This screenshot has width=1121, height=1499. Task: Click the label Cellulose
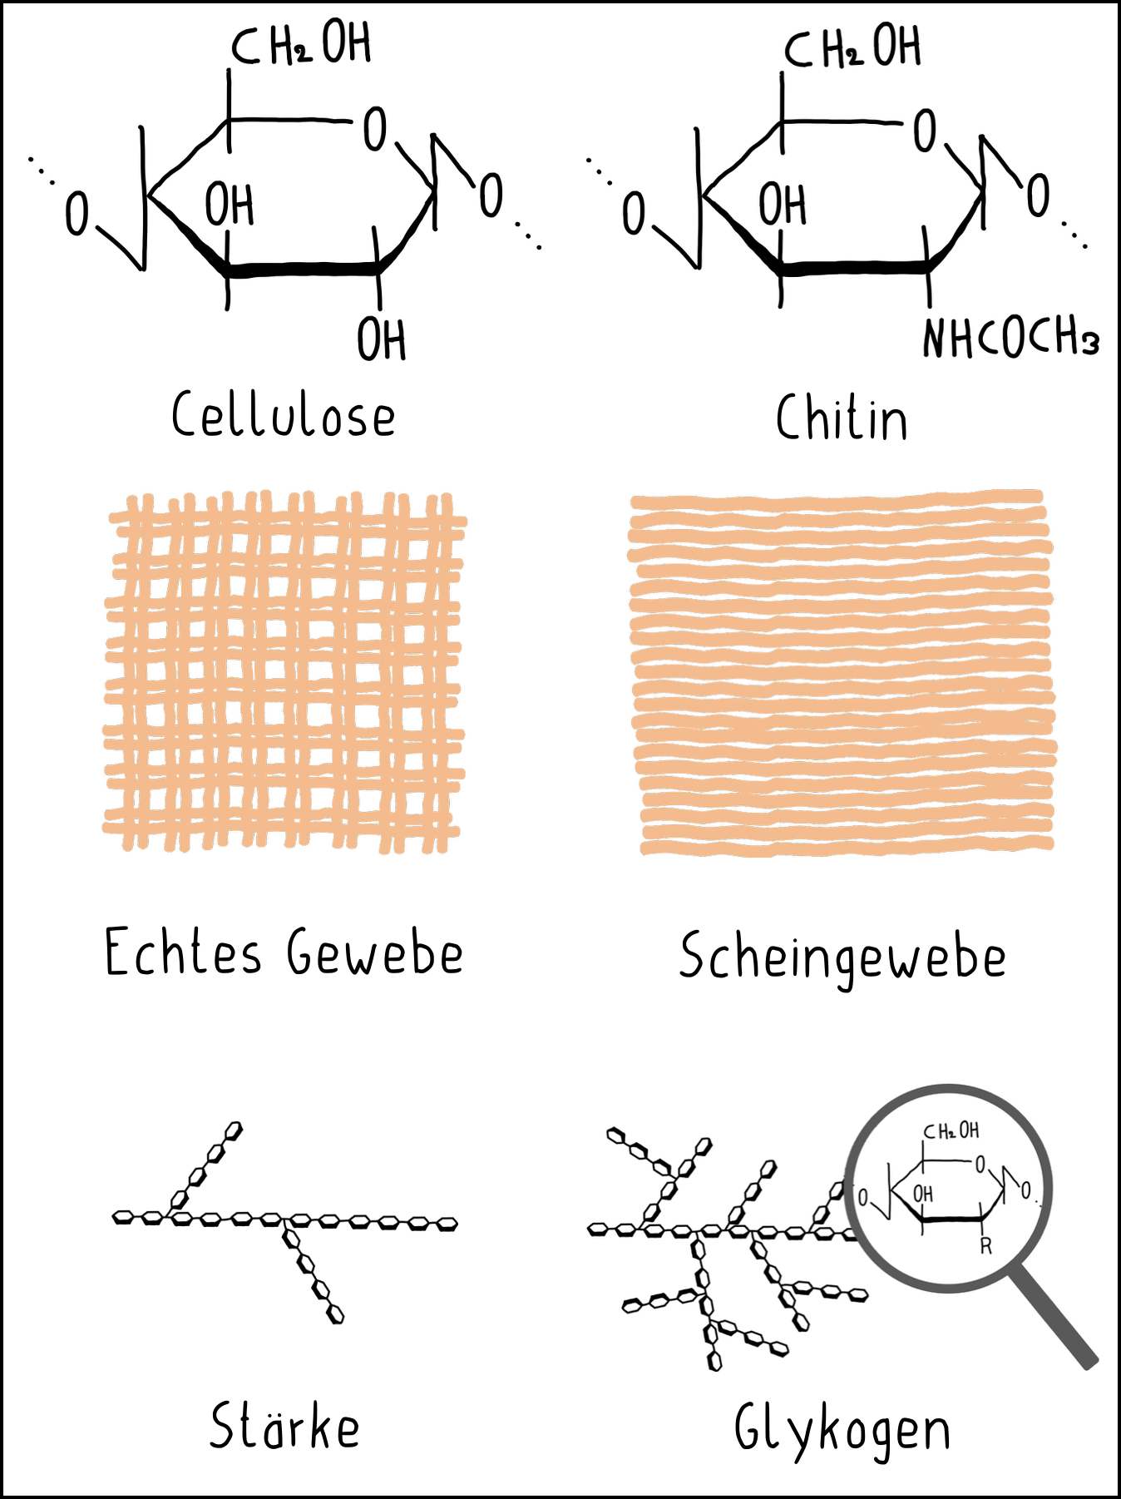click(x=284, y=414)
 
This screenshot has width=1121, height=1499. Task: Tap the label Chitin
click(x=842, y=418)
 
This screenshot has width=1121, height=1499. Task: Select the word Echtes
click(x=183, y=952)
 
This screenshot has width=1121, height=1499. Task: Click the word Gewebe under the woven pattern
click(x=375, y=953)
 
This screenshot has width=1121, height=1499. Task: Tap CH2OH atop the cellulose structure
click(x=301, y=45)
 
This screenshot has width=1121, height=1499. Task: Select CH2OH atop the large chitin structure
click(x=852, y=47)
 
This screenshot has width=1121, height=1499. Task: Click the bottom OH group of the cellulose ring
click(x=382, y=340)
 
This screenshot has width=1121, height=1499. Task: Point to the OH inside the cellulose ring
click(x=230, y=205)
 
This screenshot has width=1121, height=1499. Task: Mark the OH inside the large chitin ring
click(x=783, y=205)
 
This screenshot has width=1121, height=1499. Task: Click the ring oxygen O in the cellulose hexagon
click(x=375, y=129)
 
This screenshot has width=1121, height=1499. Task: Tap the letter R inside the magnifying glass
click(x=985, y=1246)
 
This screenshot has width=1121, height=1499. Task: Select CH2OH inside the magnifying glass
click(x=951, y=1131)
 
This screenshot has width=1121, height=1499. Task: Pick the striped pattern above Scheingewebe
click(x=842, y=672)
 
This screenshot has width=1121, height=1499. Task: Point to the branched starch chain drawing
click(x=285, y=1220)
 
